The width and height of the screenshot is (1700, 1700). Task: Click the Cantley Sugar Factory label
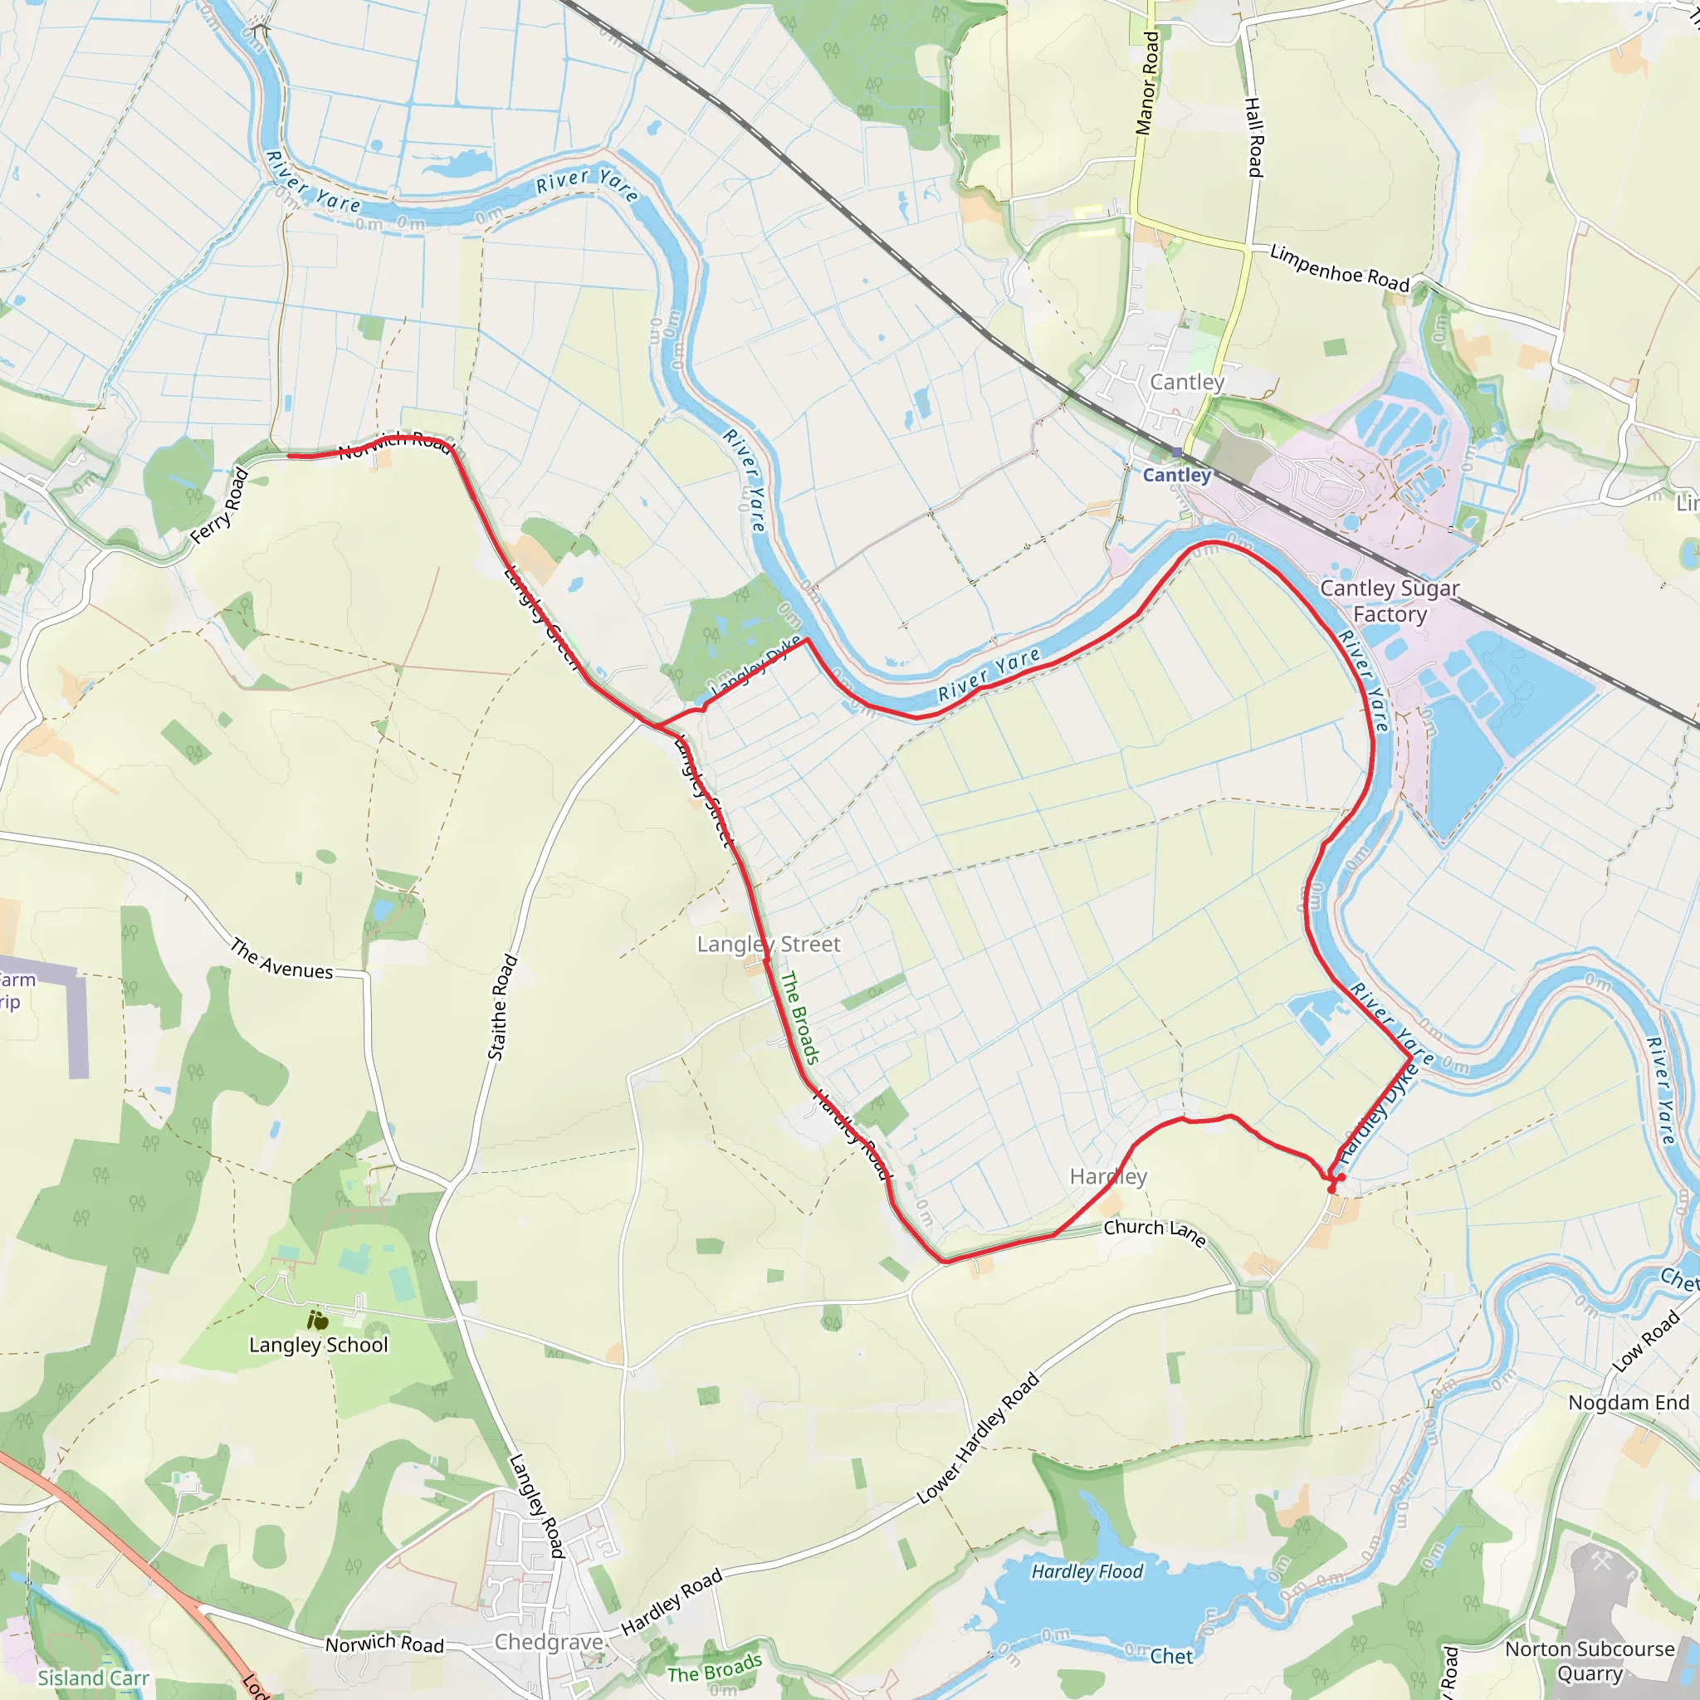tap(1390, 601)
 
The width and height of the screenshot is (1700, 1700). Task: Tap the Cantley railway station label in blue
tap(1176, 475)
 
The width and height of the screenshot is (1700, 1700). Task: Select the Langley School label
tap(319, 1346)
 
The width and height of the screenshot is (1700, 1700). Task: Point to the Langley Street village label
tap(768, 944)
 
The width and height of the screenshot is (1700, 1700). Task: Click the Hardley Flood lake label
tap(1087, 1571)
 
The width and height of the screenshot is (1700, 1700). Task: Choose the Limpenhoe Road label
tap(1339, 268)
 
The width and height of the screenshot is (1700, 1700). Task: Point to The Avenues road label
tap(281, 959)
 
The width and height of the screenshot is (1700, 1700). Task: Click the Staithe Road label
tap(502, 1007)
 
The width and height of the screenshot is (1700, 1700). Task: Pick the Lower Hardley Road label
tap(978, 1438)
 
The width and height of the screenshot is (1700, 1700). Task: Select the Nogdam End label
tap(1629, 1403)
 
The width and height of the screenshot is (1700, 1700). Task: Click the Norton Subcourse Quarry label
tap(1589, 1660)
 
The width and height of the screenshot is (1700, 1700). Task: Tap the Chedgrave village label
tap(549, 1642)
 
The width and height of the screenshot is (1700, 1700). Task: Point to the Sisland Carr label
tap(93, 1678)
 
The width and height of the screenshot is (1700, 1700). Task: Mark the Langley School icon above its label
tap(318, 1320)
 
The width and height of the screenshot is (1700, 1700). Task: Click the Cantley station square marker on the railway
tap(1176, 452)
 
